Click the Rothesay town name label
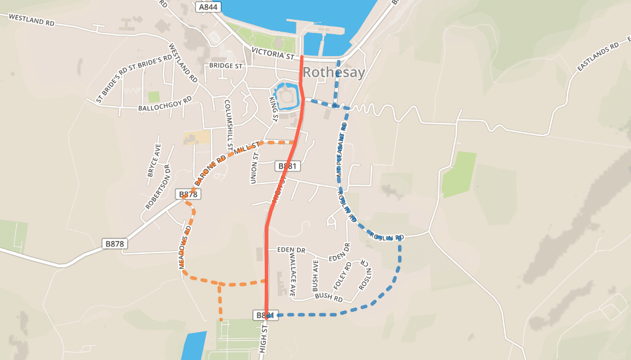click(334, 73)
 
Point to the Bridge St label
click(226, 66)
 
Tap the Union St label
click(254, 168)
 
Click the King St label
click(273, 109)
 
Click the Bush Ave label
click(316, 276)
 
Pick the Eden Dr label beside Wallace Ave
click(291, 250)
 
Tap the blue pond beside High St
click(194, 345)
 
